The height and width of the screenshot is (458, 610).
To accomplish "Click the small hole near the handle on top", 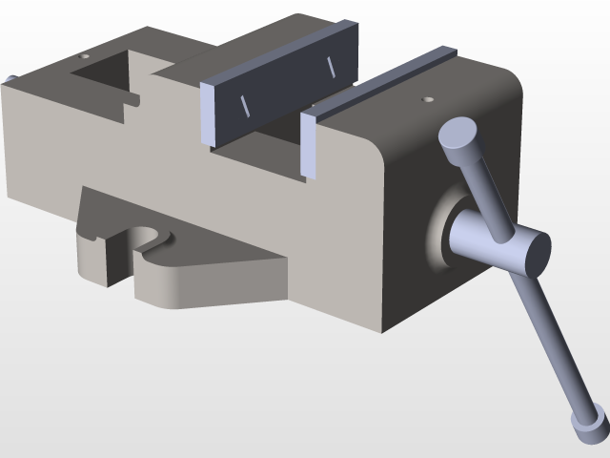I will pyautogui.click(x=427, y=97).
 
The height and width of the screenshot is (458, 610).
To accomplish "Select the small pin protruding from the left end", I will pyautogui.click(x=10, y=80).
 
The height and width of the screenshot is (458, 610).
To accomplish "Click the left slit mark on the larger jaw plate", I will pyautogui.click(x=243, y=105).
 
